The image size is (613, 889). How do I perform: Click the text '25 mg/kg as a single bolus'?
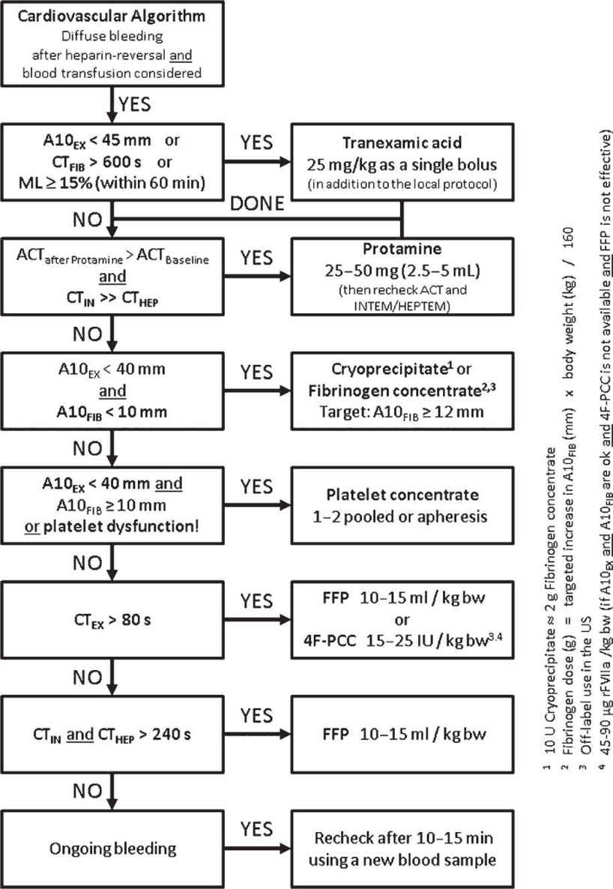(x=404, y=163)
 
